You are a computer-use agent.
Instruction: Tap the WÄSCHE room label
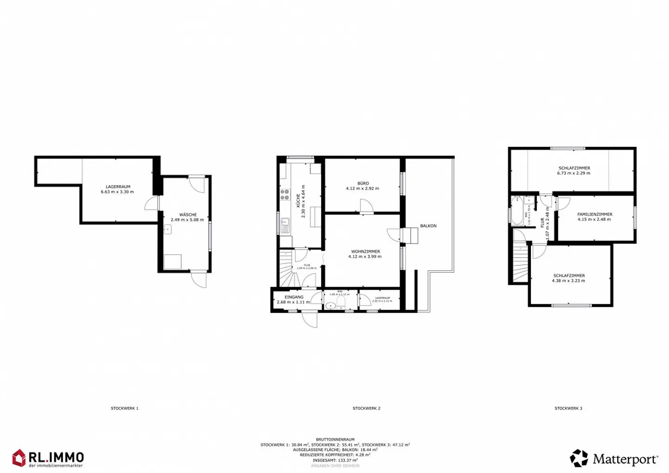point(187,217)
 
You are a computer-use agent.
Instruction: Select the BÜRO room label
point(362,186)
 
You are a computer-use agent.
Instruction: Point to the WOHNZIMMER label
point(365,254)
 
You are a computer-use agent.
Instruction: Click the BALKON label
point(428,226)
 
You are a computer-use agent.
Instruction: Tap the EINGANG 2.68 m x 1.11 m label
point(293,300)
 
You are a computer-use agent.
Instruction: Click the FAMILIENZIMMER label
point(595,217)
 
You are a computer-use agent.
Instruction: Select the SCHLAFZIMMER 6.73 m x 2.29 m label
point(574,171)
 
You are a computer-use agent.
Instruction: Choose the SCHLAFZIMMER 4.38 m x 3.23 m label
point(569,278)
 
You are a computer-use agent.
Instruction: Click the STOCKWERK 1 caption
point(125,408)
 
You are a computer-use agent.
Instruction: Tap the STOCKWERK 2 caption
point(366,408)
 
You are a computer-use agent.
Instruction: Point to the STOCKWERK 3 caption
point(568,408)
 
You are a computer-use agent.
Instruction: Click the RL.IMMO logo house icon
point(19,458)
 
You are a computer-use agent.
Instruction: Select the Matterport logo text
point(625,460)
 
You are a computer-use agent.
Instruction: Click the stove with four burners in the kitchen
point(284,195)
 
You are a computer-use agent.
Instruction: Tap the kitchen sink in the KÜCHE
point(284,225)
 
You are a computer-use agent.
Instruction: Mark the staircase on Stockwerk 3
point(520,263)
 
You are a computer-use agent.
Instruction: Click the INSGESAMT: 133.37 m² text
point(335,460)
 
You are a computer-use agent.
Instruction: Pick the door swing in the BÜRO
point(366,206)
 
